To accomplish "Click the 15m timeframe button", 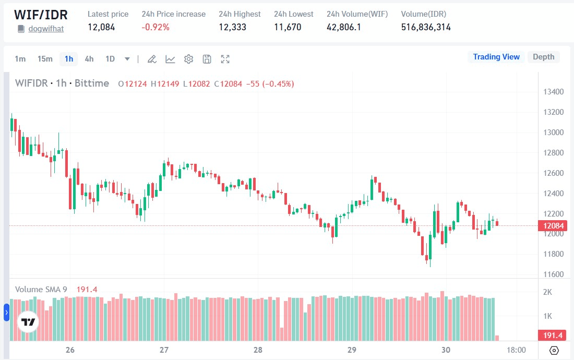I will pyautogui.click(x=45, y=59).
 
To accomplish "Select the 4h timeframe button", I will pyautogui.click(x=89, y=59).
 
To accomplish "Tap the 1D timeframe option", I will pyautogui.click(x=110, y=59).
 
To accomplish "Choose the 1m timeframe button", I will pyautogui.click(x=20, y=59).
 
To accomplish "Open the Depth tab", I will pyautogui.click(x=543, y=57).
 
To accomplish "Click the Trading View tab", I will pyautogui.click(x=496, y=57).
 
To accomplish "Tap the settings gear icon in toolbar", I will pyautogui.click(x=189, y=59).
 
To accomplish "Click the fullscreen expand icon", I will pyautogui.click(x=225, y=59).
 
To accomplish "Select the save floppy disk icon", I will pyautogui.click(x=207, y=59).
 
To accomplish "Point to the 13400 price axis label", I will pyautogui.click(x=553, y=92).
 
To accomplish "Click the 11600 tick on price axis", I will pyautogui.click(x=553, y=274).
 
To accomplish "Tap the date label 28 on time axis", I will pyautogui.click(x=258, y=350).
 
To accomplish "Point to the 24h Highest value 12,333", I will pyautogui.click(x=232, y=27).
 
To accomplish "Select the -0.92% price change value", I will pyautogui.click(x=156, y=27).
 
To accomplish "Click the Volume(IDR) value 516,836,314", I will pyautogui.click(x=426, y=27).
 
